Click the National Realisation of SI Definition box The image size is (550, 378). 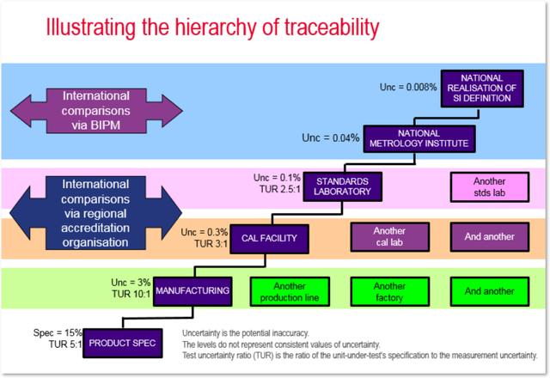pyautogui.click(x=482, y=88)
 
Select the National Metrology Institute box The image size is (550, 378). pyautogui.click(x=419, y=139)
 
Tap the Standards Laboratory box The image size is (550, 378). pyautogui.click(x=342, y=186)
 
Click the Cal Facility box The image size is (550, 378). pyautogui.click(x=269, y=239)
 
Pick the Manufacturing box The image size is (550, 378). pyautogui.click(x=192, y=291)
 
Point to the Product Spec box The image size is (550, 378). pyautogui.click(x=123, y=343)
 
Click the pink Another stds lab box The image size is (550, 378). pyautogui.click(x=490, y=187)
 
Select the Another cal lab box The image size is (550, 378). pyautogui.click(x=389, y=237)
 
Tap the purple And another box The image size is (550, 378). pyautogui.click(x=490, y=237)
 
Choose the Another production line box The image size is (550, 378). pyautogui.click(x=290, y=292)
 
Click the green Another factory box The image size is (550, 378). pyautogui.click(x=389, y=292)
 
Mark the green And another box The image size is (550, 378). pyautogui.click(x=490, y=292)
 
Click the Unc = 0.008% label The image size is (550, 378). pyautogui.click(x=408, y=87)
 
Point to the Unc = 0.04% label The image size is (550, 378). pyautogui.click(x=331, y=137)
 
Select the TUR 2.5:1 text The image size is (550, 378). pyautogui.click(x=280, y=189)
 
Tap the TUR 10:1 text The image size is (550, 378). pyautogui.click(x=131, y=294)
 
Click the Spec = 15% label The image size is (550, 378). pyautogui.click(x=58, y=332)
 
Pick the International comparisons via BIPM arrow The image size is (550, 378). pyautogui.click(x=96, y=111)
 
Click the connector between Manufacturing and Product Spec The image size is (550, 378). pyautogui.click(x=158, y=319)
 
